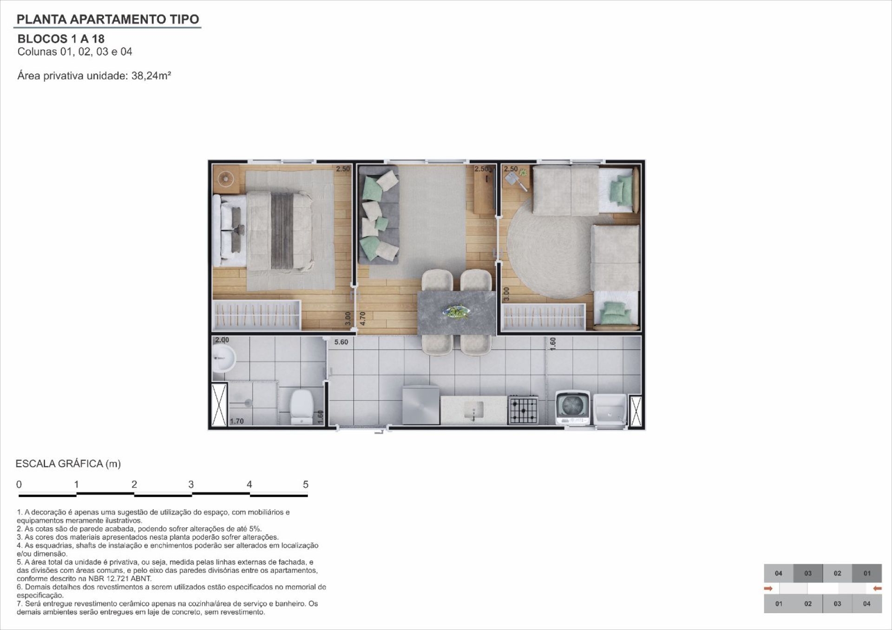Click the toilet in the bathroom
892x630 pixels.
(301, 407)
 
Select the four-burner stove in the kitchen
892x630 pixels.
(523, 410)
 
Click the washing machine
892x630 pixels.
(573, 408)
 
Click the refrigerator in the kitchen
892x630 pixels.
(421, 404)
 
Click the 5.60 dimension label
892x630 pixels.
(341, 342)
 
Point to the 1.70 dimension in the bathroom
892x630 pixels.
(237, 421)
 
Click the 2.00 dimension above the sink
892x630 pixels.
(222, 340)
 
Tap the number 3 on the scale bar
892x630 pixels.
(191, 484)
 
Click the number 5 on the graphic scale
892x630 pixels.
(306, 484)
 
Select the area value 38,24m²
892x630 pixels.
(151, 76)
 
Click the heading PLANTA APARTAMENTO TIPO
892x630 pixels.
(108, 19)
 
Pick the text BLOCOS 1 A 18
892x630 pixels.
(61, 39)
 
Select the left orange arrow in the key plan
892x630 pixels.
(768, 589)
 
